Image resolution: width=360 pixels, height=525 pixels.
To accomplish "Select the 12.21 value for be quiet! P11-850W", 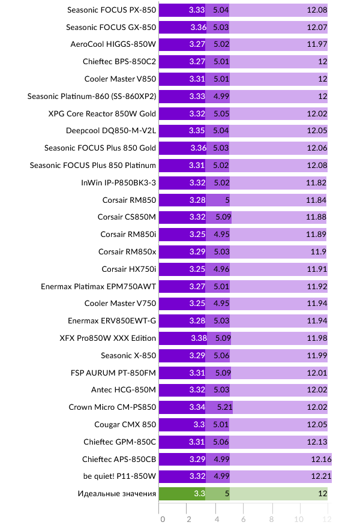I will point(318,476).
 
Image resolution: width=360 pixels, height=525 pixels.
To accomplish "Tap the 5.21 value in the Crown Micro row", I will point(223,407).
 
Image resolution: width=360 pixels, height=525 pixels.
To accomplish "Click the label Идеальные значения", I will point(117,494).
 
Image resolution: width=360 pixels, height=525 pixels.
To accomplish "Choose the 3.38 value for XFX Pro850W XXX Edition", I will point(198,338).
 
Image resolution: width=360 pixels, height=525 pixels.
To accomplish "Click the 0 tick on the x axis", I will point(162,518).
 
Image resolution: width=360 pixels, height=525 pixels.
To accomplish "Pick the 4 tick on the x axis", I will point(217,518).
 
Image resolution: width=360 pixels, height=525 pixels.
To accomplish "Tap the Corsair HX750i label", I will point(128,269).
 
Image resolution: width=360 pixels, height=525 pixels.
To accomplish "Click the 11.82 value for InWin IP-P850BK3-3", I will point(316,182).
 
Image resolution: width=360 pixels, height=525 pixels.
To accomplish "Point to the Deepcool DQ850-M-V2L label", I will point(111,130).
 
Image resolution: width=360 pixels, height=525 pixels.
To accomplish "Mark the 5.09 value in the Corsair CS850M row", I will point(222,217).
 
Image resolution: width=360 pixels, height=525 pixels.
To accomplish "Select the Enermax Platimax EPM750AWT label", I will point(98,286).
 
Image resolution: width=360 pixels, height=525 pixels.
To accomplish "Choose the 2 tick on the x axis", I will point(189,518).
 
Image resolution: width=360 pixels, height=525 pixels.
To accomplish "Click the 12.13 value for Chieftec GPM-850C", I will point(316,442).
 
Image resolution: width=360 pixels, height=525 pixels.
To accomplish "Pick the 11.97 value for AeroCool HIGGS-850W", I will point(316,44).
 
